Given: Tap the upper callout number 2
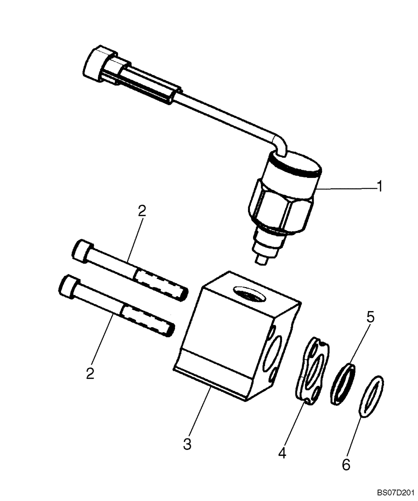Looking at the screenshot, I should point(142,211).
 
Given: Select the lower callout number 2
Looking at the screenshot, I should point(90,374).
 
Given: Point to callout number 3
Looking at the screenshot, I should point(187,444).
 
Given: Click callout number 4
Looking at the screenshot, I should point(282,453).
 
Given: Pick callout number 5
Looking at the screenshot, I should point(370,317).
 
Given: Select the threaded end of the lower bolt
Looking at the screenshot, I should point(148,319).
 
